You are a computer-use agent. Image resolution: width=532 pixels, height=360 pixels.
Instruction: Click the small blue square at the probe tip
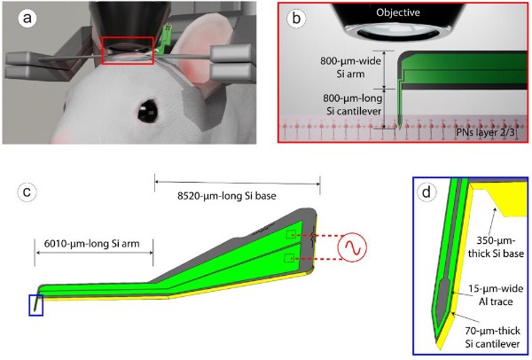pos(35,304)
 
